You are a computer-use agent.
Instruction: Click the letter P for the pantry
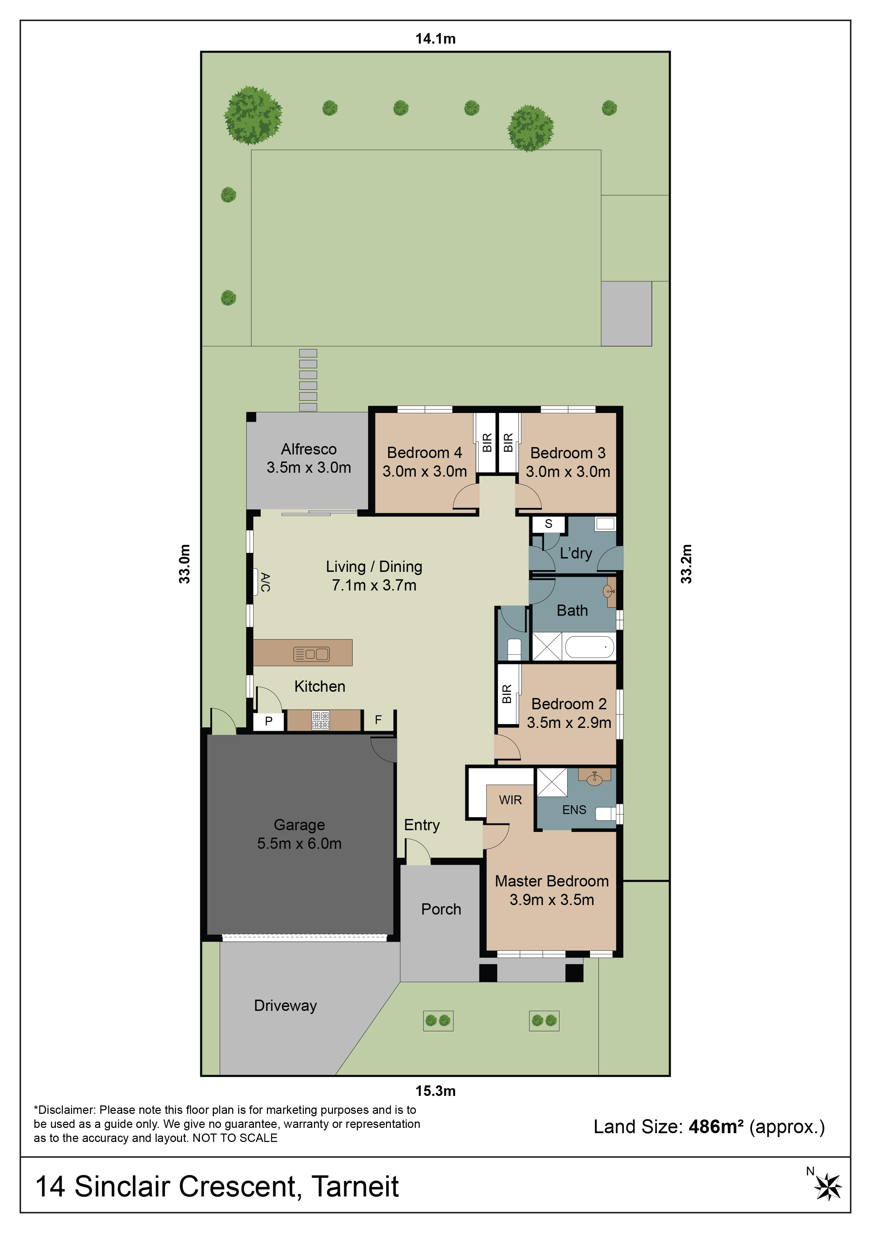point(269,721)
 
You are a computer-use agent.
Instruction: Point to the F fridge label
point(378,719)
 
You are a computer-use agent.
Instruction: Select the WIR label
point(510,800)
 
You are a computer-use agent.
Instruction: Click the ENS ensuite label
point(574,810)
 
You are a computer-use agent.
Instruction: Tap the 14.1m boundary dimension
point(435,39)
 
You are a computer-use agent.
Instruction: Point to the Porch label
point(441,909)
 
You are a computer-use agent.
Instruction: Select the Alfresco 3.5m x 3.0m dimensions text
point(309,467)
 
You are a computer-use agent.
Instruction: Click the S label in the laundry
point(549,524)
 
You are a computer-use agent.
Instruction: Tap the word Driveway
point(286,1006)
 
